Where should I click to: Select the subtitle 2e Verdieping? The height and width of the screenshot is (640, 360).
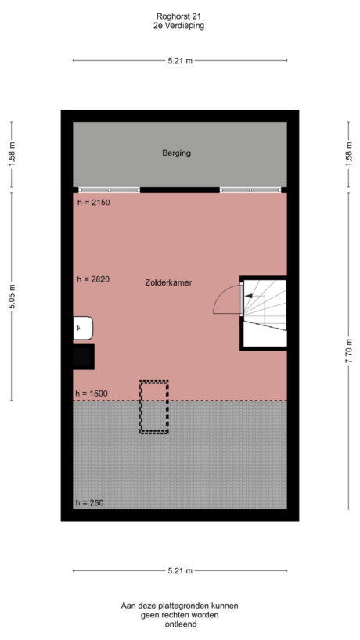point(179,26)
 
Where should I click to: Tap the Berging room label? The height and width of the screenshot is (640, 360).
point(176,153)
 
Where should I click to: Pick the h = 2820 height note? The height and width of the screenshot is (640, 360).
point(92,279)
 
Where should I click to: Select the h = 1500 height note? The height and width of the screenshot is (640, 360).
point(92,394)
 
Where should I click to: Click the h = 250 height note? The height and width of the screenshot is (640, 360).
point(90,502)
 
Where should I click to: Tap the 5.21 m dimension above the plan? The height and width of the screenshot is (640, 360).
point(179,60)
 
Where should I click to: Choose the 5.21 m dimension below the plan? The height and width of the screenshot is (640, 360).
point(179,571)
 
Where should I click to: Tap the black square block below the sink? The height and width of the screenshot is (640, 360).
point(83,356)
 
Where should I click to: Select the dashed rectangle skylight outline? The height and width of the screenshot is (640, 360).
point(153,407)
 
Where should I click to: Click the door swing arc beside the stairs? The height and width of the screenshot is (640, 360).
point(227,299)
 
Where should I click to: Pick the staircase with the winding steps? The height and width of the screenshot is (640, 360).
point(265,312)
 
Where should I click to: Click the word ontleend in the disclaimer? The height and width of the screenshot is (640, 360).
point(179,624)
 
